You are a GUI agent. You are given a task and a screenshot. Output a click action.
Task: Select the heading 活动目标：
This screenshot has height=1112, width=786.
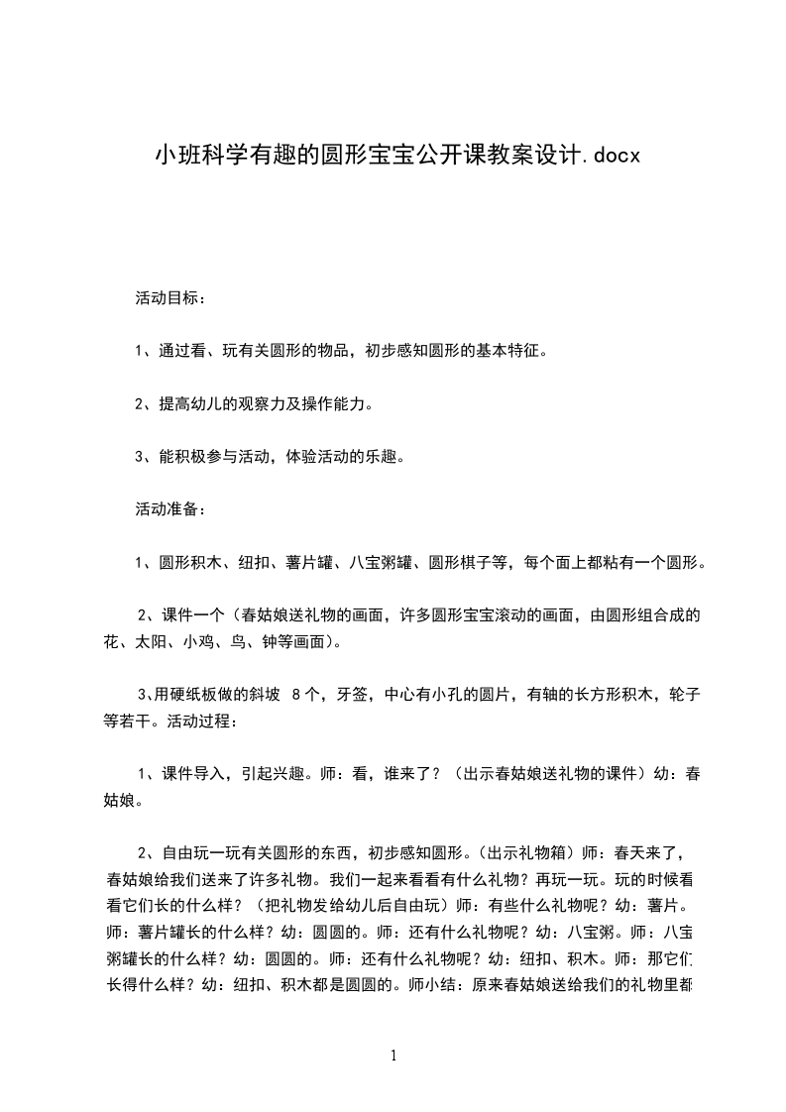coord(170,297)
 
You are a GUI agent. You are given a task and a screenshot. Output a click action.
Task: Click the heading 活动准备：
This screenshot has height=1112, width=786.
coord(170,509)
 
